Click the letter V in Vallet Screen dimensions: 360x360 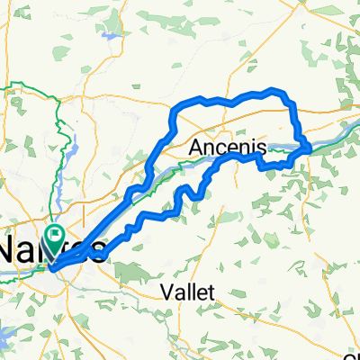click(166, 292)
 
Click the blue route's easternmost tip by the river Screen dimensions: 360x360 click(310, 146)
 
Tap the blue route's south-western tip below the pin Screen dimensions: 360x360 click(51, 267)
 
